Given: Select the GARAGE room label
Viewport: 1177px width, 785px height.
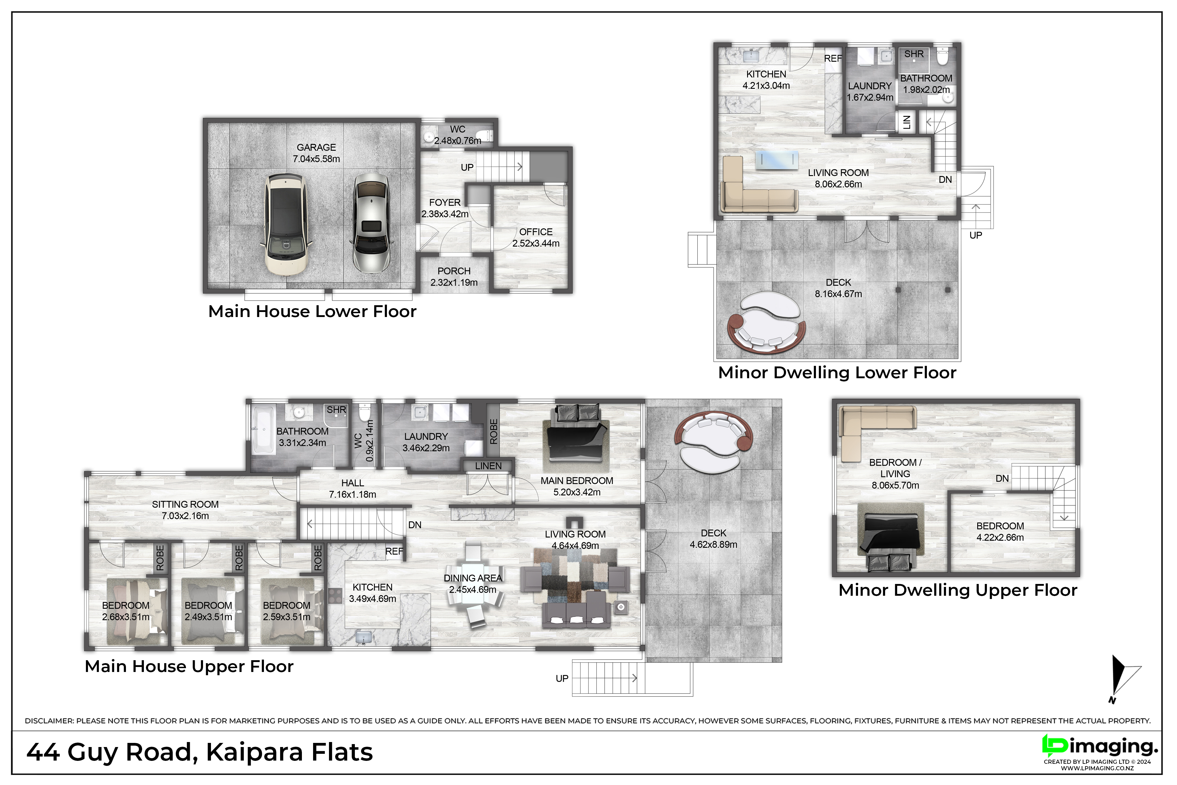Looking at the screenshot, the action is [x=316, y=147].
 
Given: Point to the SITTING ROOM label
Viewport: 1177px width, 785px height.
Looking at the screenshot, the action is [x=185, y=504].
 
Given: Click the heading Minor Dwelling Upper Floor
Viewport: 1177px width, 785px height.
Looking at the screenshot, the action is [x=957, y=590].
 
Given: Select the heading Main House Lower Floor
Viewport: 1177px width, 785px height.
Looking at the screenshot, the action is [x=312, y=311].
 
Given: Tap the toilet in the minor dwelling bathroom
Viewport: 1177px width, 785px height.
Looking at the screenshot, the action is [x=942, y=57].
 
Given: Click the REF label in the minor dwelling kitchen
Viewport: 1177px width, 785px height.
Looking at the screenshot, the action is [x=833, y=59].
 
